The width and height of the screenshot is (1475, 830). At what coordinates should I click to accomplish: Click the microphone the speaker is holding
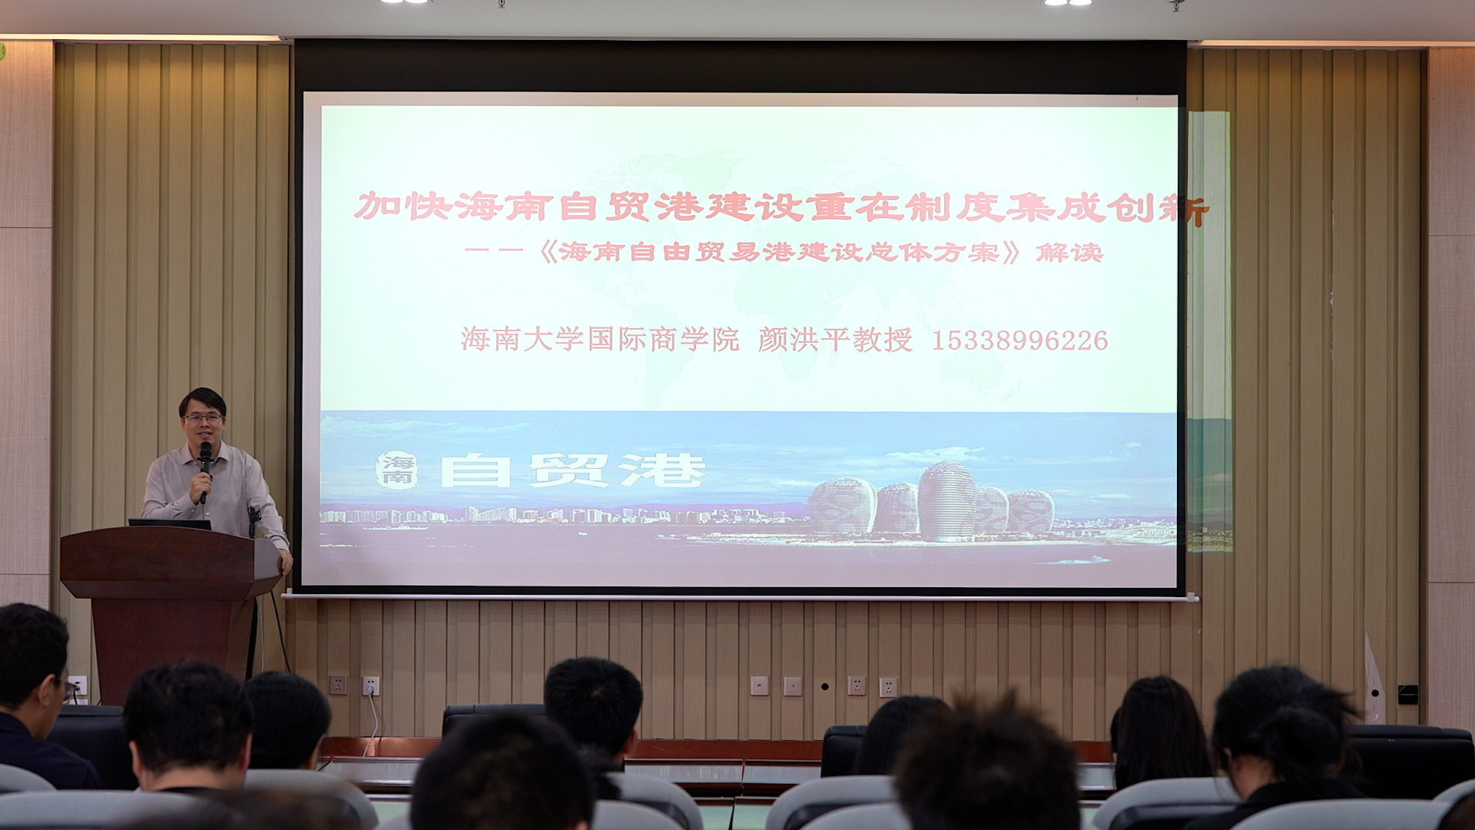click(x=205, y=470)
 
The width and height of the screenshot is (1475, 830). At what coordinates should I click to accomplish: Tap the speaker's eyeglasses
click(x=204, y=418)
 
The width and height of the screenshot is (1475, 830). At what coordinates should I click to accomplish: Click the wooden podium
click(x=170, y=607)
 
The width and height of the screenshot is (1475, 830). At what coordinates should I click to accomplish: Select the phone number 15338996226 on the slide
click(x=1019, y=340)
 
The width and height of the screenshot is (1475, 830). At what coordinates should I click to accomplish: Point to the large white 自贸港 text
click(x=572, y=470)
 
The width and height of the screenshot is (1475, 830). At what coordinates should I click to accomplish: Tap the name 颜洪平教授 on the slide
click(x=835, y=339)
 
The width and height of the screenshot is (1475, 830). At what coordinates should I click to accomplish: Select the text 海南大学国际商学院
click(x=599, y=339)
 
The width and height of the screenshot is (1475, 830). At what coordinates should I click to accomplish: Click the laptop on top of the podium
click(x=170, y=524)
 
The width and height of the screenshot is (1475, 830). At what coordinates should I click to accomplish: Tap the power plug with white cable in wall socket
click(x=371, y=686)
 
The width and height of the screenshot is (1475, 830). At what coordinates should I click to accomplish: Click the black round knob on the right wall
click(x=824, y=686)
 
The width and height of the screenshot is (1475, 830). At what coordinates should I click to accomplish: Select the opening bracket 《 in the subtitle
click(x=547, y=252)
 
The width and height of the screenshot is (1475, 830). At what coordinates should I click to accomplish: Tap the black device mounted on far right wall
click(x=1407, y=694)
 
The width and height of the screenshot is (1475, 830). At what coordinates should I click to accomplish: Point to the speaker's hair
click(x=202, y=400)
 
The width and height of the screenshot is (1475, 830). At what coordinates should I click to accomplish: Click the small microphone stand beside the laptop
click(x=254, y=522)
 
